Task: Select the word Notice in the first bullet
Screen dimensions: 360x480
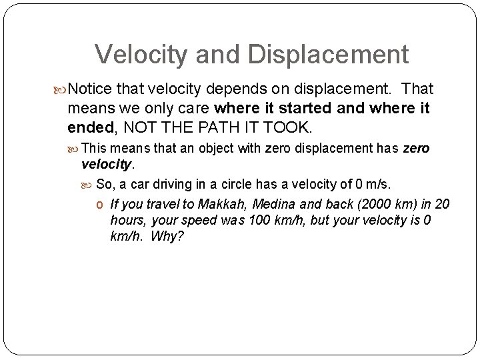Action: (x=91, y=89)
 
